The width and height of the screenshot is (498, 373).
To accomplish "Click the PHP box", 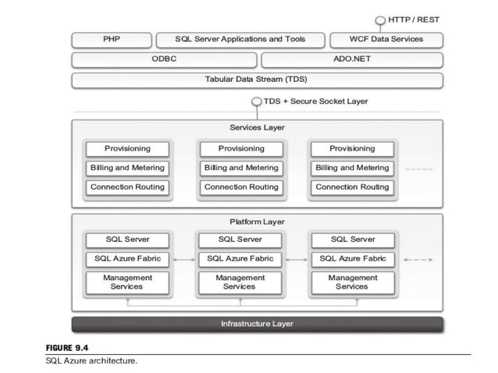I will point(111,39).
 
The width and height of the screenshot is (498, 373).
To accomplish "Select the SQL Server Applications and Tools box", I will point(241,39).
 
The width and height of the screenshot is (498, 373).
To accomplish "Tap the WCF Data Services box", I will point(386,39).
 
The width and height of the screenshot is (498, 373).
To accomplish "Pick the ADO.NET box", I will point(352,59).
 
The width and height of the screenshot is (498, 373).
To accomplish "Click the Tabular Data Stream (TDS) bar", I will point(257,80).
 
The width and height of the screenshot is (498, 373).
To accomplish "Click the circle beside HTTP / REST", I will point(380,19).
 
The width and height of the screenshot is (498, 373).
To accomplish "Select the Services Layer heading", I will point(257,127).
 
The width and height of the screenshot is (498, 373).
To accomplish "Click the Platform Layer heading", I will point(257,222).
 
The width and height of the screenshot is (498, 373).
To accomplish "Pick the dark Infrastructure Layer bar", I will point(257,324).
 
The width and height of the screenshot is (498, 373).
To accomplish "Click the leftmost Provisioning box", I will point(127,148).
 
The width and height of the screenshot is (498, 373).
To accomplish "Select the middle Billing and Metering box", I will point(240,168).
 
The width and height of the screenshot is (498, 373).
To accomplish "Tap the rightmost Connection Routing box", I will point(352,187).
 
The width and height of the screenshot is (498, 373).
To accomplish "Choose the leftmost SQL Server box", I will point(127,240).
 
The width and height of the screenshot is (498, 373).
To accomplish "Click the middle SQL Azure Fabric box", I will point(240,259).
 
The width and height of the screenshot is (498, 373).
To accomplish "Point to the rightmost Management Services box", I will point(352,282).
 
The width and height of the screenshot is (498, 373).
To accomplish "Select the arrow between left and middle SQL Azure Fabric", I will point(183,259).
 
